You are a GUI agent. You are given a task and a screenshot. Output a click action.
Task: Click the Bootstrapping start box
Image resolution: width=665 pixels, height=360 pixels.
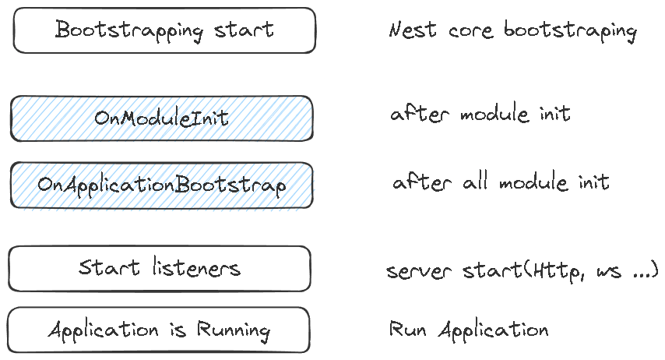pos(164,30)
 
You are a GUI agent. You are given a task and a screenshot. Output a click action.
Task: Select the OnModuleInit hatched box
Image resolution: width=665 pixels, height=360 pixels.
pos(162,118)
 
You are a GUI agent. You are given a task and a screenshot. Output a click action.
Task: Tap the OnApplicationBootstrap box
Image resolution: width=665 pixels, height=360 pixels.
pos(162,185)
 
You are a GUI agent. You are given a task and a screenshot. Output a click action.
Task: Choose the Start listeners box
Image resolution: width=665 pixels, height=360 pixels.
pos(160,269)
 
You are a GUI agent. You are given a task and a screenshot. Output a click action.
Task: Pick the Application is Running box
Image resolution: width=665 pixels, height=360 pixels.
pos(159,330)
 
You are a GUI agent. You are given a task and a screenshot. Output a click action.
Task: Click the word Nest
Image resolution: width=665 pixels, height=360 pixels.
pos(413,30)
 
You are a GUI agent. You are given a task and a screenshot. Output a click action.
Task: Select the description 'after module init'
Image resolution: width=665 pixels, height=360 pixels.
pos(480,114)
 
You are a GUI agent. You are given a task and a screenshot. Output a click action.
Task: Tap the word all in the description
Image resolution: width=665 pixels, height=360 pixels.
pos(474,182)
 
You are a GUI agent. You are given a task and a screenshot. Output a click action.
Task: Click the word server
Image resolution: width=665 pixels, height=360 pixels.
pos(419,271)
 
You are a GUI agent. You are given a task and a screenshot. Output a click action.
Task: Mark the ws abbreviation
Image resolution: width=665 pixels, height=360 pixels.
pos(609,272)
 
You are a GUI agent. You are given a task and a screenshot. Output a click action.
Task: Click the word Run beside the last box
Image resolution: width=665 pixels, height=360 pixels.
pos(408,329)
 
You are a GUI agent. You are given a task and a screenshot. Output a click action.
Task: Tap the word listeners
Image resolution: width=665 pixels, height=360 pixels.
pos(196,268)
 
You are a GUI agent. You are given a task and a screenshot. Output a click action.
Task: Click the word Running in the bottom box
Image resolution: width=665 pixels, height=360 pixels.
pos(234,330)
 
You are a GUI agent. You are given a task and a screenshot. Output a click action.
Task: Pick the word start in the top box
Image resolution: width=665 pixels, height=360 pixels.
pos(244,30)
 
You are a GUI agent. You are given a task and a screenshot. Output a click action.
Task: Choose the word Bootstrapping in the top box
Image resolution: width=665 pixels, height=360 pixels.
pos(128,30)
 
